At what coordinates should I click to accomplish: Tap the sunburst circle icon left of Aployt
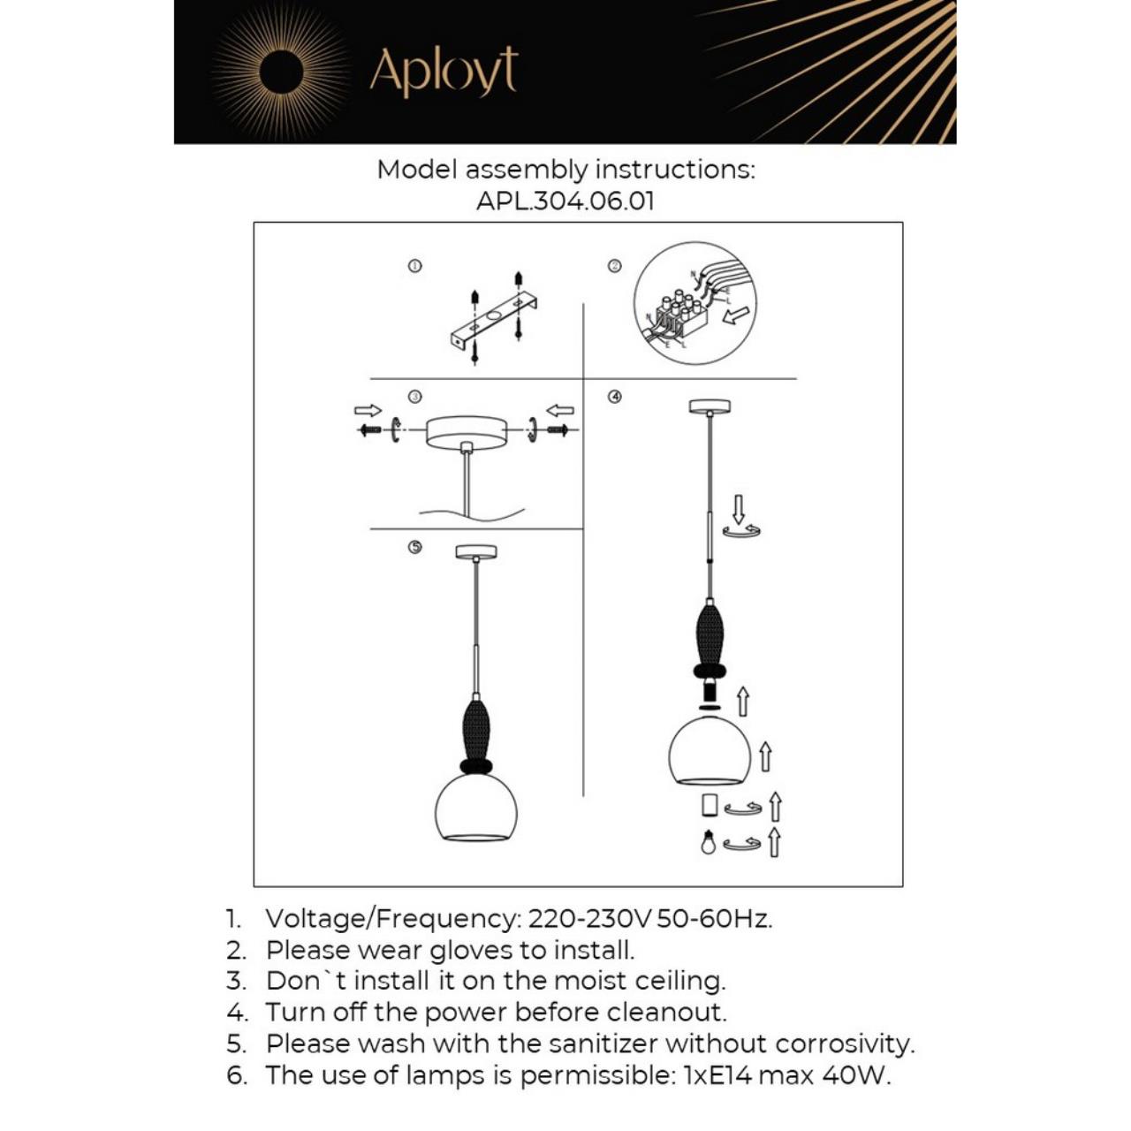click(281, 71)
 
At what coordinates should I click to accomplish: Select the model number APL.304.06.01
click(565, 201)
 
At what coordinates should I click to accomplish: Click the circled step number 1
click(414, 266)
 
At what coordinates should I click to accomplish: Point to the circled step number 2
click(615, 266)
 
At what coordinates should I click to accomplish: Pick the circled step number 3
click(414, 397)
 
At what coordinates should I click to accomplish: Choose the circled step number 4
click(615, 397)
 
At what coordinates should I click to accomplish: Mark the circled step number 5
click(414, 547)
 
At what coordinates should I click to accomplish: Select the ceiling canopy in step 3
click(467, 432)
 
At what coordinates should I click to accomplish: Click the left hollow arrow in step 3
click(368, 410)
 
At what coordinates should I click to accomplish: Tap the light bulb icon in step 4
click(707, 843)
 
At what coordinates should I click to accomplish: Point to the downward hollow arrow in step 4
click(739, 509)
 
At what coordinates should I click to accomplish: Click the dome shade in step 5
click(476, 808)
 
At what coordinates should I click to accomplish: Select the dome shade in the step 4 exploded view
click(709, 751)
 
